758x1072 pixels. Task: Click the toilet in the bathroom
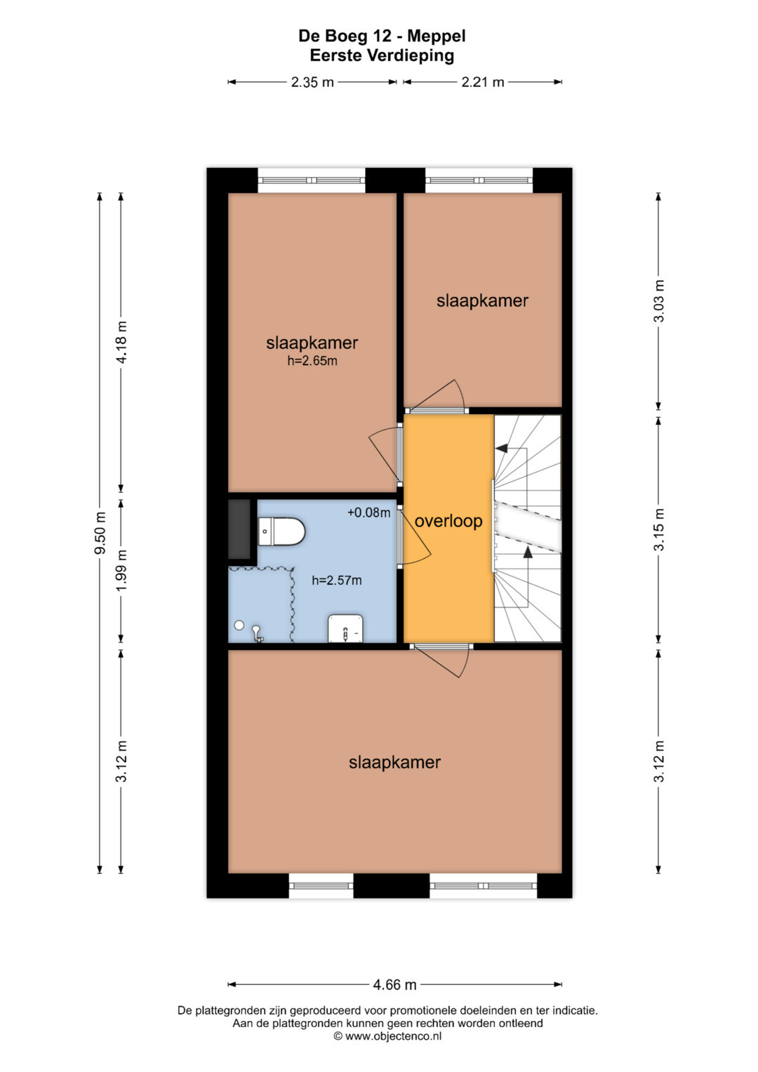pos(281,531)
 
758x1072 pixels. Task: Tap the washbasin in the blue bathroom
pos(345,628)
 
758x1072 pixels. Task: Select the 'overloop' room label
pos(448,521)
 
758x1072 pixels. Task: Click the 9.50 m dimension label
pos(100,533)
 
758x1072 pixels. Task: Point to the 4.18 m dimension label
pos(121,342)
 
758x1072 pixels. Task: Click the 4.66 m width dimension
pos(394,984)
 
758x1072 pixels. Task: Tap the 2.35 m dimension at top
pos(312,82)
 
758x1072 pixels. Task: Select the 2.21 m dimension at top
pos(482,82)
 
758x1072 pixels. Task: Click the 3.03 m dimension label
pos(659,301)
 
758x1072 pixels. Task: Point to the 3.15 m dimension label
pos(659,529)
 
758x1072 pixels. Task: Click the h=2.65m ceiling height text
pos(312,361)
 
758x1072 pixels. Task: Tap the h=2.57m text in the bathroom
pos(336,581)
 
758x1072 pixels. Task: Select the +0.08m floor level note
pos(368,512)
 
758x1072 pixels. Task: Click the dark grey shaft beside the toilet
pos(239,529)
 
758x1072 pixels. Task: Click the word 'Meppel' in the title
pos(437,37)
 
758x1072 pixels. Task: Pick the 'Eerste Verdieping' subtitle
pos(382,55)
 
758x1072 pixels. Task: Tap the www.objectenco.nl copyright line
pos(387,1036)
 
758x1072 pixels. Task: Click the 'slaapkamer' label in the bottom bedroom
pos(394,762)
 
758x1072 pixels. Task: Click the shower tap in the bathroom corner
pos(258,633)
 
